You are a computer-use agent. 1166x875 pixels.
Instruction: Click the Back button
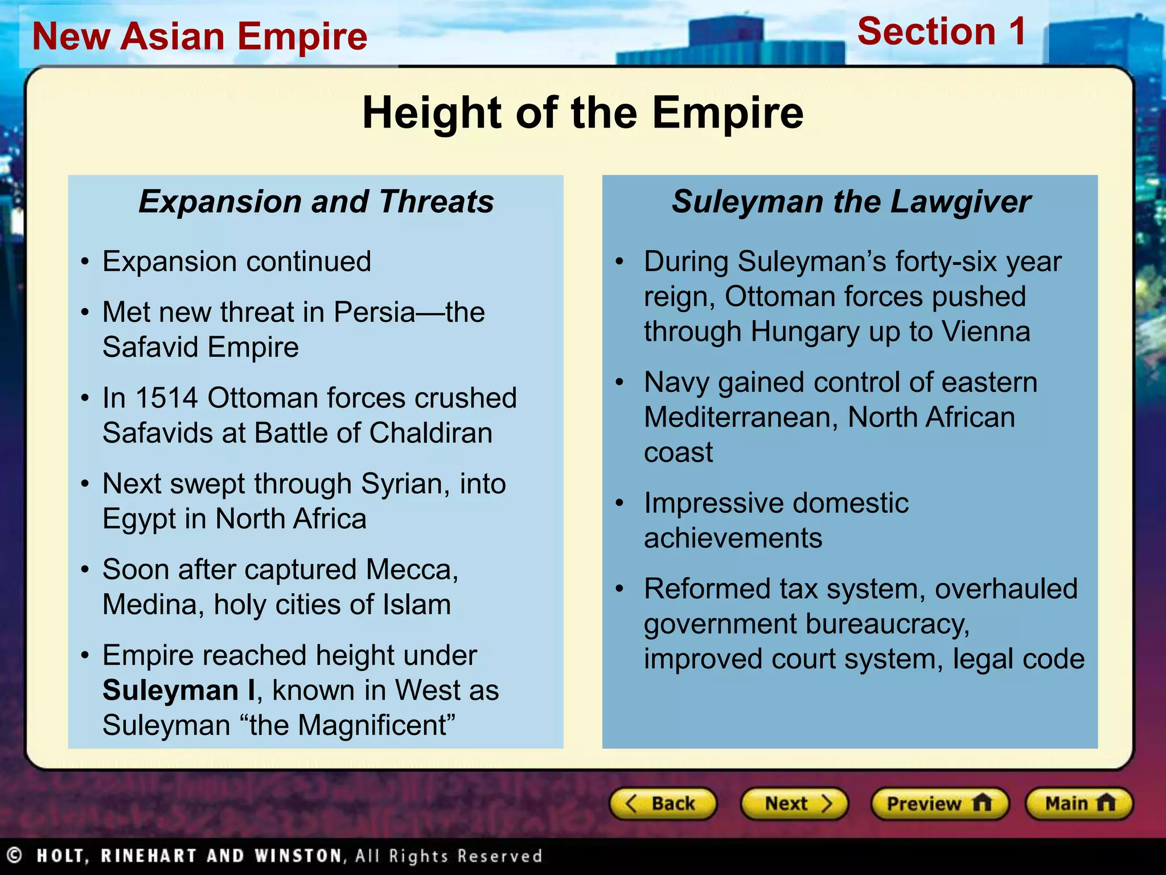click(662, 804)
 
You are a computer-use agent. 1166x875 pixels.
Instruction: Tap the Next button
click(794, 804)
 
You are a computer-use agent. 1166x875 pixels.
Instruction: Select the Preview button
click(939, 804)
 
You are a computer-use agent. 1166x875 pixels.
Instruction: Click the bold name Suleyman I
click(179, 690)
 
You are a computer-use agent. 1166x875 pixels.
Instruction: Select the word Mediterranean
click(740, 418)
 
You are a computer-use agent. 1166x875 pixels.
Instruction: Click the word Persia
click(374, 312)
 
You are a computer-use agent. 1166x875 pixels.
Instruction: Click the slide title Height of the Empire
click(582, 113)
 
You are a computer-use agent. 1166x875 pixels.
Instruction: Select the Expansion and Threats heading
click(316, 202)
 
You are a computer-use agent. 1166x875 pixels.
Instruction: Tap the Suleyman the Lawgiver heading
click(851, 202)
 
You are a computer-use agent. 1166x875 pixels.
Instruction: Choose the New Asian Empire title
click(200, 36)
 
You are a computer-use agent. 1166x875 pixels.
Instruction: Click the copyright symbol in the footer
click(14, 855)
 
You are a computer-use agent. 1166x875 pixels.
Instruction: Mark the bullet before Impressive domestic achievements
click(620, 504)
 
